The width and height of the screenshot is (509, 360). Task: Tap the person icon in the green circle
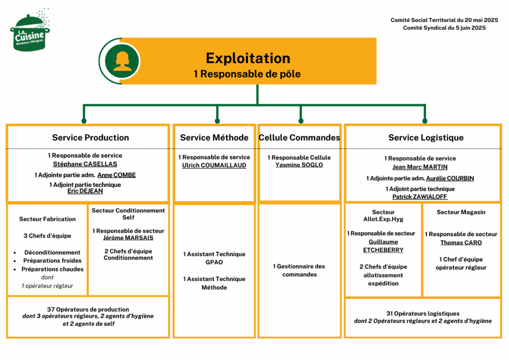click(122, 61)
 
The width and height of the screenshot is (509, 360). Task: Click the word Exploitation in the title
click(248, 58)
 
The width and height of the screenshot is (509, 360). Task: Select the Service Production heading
click(90, 138)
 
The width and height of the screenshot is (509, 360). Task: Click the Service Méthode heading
click(214, 138)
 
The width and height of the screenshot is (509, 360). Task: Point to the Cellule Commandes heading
click(299, 138)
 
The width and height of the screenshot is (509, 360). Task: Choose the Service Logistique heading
click(425, 138)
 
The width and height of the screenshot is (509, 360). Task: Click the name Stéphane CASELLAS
click(85, 164)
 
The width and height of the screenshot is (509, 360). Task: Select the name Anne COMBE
click(116, 175)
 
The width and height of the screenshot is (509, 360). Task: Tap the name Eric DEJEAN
click(85, 191)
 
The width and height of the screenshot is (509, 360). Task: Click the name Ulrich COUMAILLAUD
click(214, 166)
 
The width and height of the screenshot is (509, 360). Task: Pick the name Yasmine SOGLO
click(299, 165)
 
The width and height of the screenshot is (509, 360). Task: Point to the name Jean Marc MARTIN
click(420, 167)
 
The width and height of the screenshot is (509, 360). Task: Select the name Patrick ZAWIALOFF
click(420, 197)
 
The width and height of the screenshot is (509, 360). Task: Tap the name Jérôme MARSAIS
click(128, 238)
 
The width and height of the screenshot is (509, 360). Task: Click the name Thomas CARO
click(461, 243)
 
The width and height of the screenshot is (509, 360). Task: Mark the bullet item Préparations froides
click(52, 261)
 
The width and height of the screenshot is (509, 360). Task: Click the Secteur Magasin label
click(461, 212)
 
